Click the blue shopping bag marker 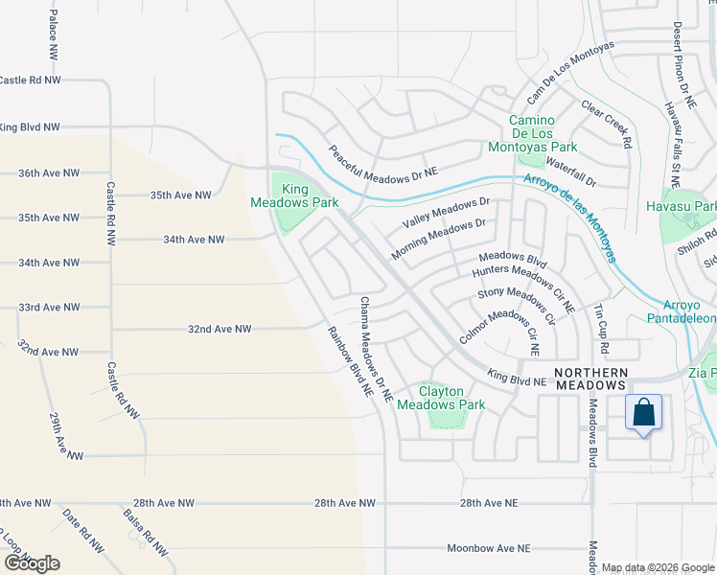pyautogui.click(x=644, y=413)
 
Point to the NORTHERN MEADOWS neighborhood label pyautogui.click(x=591, y=378)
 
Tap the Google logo pyautogui.click(x=31, y=563)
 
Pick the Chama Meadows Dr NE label pyautogui.click(x=376, y=350)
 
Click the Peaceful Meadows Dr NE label pyautogui.click(x=382, y=161)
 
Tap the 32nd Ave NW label pyautogui.click(x=219, y=329)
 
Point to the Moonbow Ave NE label pyautogui.click(x=489, y=548)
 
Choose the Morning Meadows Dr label pyautogui.click(x=439, y=240)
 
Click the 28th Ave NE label pyautogui.click(x=488, y=502)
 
